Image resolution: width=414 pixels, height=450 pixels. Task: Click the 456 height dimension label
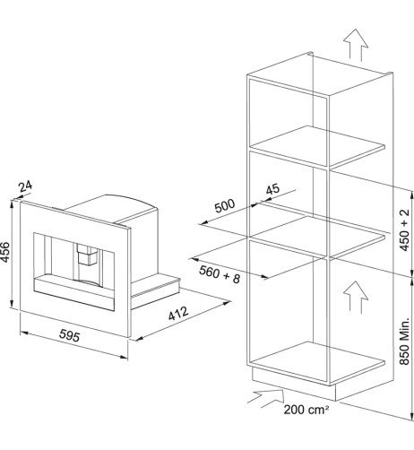pos(5,253)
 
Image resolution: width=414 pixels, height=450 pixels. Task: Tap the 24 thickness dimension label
pos(25,186)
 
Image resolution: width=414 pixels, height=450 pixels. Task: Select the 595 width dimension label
pos(69,335)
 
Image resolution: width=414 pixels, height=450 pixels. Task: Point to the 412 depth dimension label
pos(178,313)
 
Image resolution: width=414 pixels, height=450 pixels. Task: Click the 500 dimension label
pos(225,205)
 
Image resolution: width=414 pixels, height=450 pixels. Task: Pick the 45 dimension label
pos(272,189)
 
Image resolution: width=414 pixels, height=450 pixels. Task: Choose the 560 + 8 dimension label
pos(220,274)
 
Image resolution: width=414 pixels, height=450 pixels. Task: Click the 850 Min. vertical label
pos(404,341)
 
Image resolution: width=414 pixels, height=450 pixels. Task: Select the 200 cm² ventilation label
pos(306,410)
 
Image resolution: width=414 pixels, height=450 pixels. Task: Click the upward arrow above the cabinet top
pos(355,45)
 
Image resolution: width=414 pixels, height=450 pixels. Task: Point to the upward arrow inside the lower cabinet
pos(355,297)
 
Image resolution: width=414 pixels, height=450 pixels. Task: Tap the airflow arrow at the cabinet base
pos(266,398)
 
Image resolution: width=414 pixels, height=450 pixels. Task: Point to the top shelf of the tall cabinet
pos(317,146)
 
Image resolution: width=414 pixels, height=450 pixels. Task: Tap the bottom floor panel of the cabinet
pos(317,362)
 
